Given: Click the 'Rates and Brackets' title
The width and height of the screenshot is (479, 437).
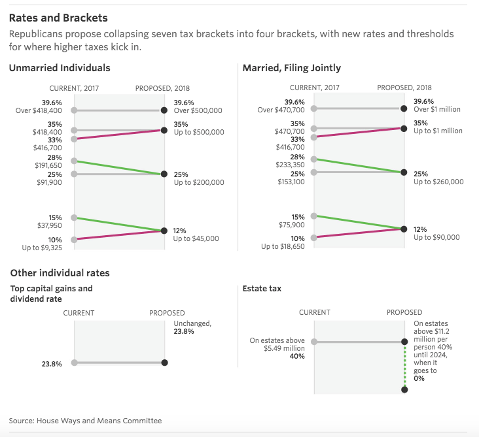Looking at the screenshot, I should pyautogui.click(x=58, y=18).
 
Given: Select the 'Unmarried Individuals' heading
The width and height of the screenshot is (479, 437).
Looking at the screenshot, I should pyautogui.click(x=60, y=68).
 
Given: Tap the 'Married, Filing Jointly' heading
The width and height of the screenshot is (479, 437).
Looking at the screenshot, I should pyautogui.click(x=291, y=68).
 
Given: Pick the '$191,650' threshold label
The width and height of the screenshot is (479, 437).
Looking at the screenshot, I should pyautogui.click(x=48, y=166).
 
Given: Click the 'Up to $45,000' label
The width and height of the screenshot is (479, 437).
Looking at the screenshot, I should pyautogui.click(x=196, y=239).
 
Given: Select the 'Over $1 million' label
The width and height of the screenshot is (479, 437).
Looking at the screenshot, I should pyautogui.click(x=438, y=110).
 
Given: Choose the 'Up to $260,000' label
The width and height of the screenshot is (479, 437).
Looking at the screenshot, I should pyautogui.click(x=438, y=182).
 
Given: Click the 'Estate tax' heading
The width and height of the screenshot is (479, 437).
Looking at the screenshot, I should pyautogui.click(x=262, y=288).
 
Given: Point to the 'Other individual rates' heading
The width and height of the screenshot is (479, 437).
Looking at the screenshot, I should pyautogui.click(x=60, y=273).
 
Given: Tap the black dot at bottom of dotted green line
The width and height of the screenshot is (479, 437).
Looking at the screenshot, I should pyautogui.click(x=404, y=390).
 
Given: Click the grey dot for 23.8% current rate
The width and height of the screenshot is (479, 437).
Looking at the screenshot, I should pyautogui.click(x=74, y=363).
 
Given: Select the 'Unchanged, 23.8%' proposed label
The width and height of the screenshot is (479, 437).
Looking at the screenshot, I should pyautogui.click(x=192, y=327).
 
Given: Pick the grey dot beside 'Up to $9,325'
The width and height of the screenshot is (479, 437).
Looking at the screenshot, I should pyautogui.click(x=74, y=240).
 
